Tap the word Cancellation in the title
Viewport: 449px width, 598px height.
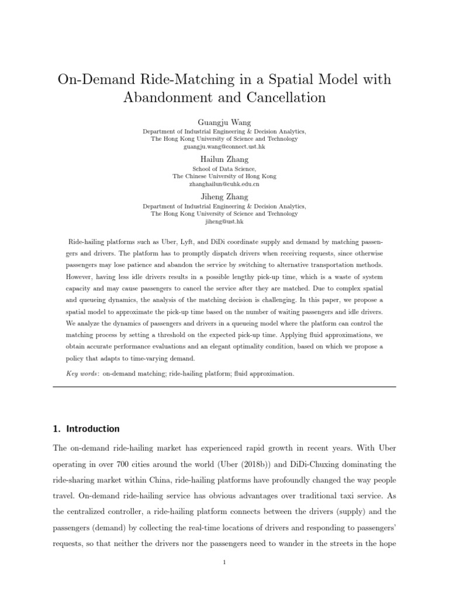point(282,97)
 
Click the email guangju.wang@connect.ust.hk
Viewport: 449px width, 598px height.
point(224,147)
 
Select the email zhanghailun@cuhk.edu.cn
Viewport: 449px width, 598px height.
point(224,184)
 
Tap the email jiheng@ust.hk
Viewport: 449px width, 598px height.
point(224,222)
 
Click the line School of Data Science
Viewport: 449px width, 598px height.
point(224,168)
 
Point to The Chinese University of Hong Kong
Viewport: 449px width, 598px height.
point(224,176)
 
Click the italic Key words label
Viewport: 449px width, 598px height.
point(82,373)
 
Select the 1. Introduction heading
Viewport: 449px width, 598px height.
point(86,429)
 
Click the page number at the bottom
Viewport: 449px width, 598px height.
point(224,562)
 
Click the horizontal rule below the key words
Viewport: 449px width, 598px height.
point(224,387)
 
